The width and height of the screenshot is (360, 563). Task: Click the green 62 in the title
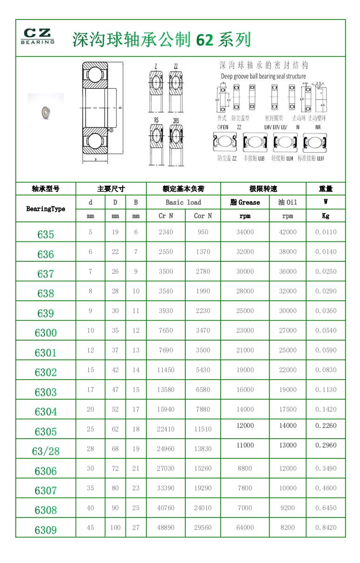click(x=204, y=40)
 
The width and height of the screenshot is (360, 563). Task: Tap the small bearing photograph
click(x=46, y=111)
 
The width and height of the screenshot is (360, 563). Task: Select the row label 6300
click(x=46, y=333)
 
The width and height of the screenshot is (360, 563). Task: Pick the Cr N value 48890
click(x=166, y=528)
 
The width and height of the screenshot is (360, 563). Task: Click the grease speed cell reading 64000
click(x=245, y=528)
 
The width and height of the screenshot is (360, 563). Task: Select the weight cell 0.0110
click(x=326, y=232)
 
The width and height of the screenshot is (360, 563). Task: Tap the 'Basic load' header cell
click(x=183, y=202)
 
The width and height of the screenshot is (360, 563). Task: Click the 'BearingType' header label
click(x=46, y=209)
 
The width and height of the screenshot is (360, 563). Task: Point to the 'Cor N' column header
click(x=203, y=216)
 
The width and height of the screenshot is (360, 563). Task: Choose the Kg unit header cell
click(x=326, y=216)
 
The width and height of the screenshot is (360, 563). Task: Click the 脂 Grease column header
click(x=245, y=202)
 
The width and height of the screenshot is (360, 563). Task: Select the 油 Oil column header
click(x=288, y=202)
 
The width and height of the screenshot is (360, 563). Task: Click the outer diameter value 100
click(x=115, y=528)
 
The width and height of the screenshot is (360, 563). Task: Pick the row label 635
click(x=46, y=234)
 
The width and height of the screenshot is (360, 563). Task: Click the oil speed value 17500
click(x=288, y=409)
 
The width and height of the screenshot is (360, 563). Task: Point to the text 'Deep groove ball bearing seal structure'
click(x=263, y=76)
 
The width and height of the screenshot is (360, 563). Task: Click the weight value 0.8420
click(x=326, y=528)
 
